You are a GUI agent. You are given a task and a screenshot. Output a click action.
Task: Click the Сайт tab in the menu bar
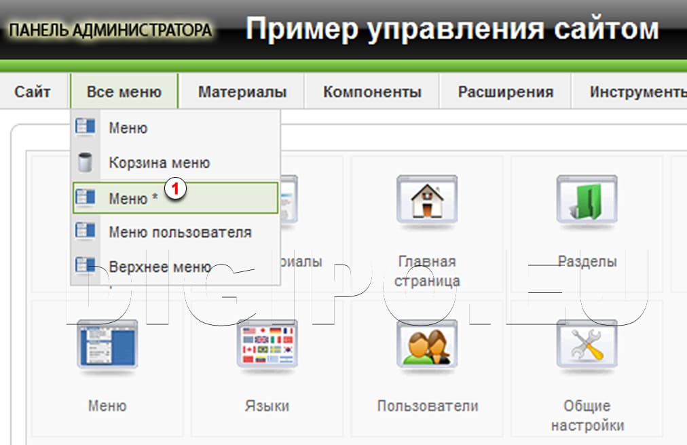33,92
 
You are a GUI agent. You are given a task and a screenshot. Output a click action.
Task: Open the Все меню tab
124,92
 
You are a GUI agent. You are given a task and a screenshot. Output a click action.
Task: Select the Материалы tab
242,92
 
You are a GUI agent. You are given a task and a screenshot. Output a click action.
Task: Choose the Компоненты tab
372,92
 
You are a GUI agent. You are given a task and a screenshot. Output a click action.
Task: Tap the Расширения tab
505,92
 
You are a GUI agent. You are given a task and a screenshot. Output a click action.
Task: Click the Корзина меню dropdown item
159,163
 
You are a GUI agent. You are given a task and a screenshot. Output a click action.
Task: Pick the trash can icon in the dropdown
86,163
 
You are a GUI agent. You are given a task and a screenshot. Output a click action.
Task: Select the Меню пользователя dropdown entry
180,233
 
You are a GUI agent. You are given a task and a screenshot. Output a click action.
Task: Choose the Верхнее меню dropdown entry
160,267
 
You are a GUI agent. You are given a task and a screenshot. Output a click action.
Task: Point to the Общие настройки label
587,416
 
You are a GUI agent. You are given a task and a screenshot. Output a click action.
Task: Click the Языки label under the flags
267,406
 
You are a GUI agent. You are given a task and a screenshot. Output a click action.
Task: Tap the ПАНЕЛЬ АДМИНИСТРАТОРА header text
111,31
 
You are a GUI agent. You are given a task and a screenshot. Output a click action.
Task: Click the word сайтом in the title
598,29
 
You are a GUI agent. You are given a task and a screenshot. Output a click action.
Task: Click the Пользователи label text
428,406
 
